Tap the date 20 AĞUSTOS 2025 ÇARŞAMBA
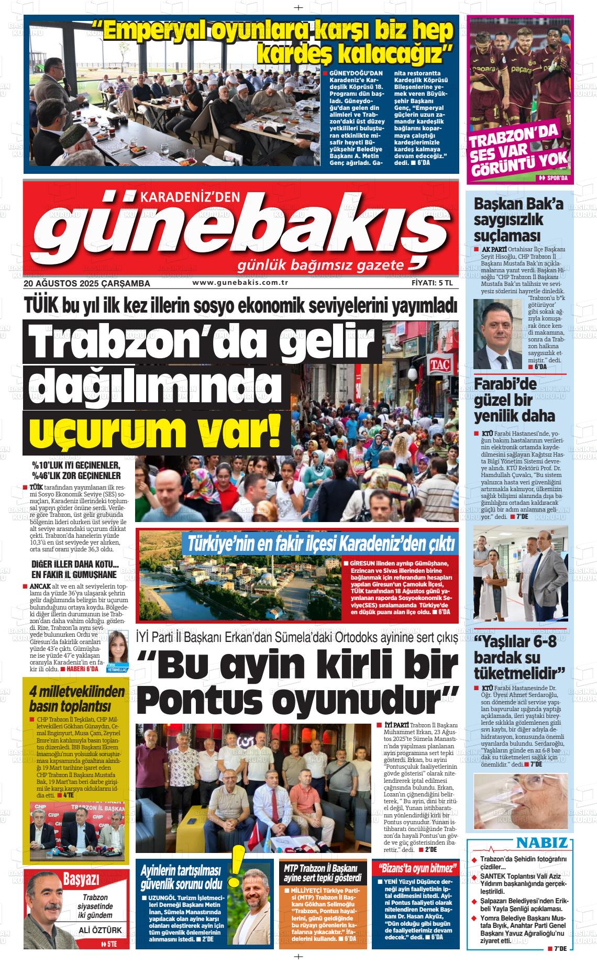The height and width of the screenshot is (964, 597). [87, 283]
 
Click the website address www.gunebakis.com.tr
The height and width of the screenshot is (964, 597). [241, 283]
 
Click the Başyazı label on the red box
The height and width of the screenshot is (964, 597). [81, 879]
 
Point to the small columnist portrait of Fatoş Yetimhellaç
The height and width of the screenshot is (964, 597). [118, 647]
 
